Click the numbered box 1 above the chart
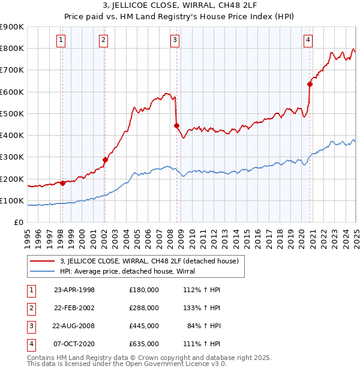pyautogui.click(x=62, y=40)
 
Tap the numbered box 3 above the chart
pyautogui.click(x=175, y=40)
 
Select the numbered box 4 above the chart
pyautogui.click(x=308, y=40)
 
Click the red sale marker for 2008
pyautogui.click(x=177, y=125)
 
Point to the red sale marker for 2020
pyautogui.click(x=310, y=84)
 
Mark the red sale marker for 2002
pyautogui.click(x=105, y=160)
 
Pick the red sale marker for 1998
pyautogui.click(x=62, y=183)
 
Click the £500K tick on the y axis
pyautogui.click(x=13, y=113)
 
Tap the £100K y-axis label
pyautogui.click(x=13, y=200)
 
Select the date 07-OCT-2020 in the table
pyautogui.click(x=74, y=344)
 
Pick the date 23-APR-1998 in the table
pyautogui.click(x=74, y=289)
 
